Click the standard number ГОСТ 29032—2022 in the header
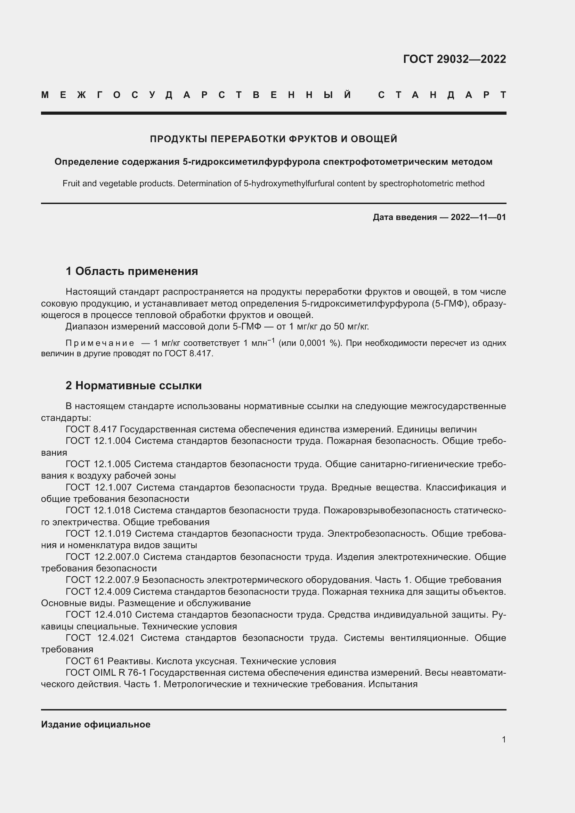[454, 59]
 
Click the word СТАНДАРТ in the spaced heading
[442, 95]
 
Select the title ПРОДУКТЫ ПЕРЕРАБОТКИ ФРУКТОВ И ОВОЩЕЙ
[273, 139]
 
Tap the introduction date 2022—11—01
[478, 217]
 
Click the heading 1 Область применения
[132, 271]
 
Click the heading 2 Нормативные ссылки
[133, 385]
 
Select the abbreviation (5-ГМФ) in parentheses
[450, 303]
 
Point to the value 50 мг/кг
[351, 326]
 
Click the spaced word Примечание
[100, 343]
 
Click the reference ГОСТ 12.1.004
[98, 441]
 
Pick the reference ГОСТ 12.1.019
[98, 533]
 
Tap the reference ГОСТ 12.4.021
[100, 638]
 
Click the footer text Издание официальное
[96, 724]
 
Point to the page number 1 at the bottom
[503, 739]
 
